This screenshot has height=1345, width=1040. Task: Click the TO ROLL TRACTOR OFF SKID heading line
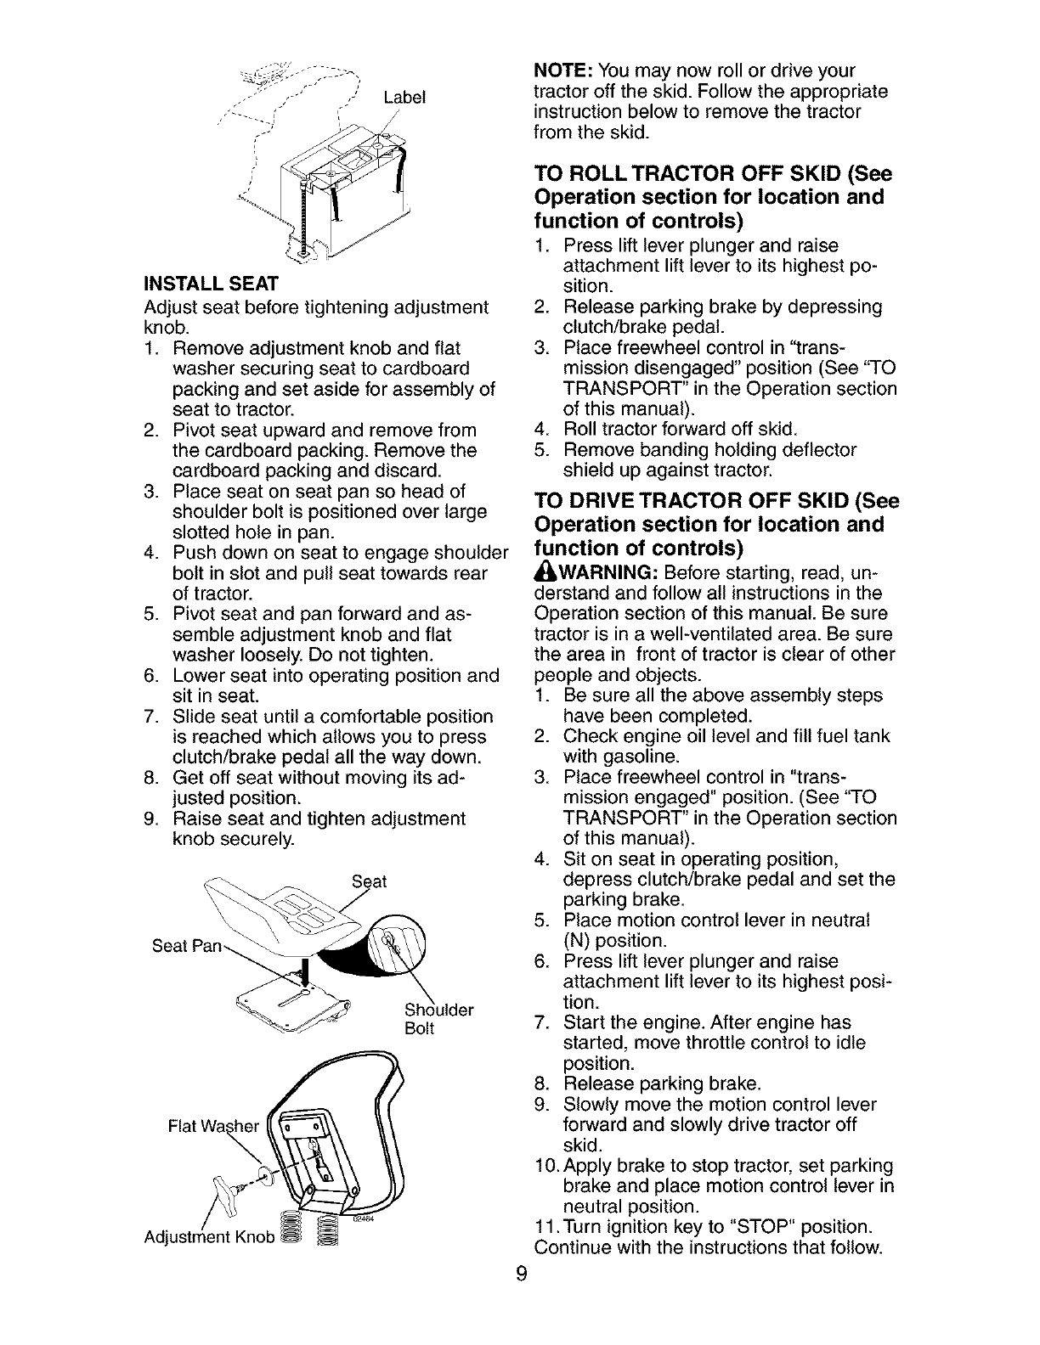[712, 174]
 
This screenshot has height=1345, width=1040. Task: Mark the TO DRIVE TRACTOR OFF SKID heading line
[715, 501]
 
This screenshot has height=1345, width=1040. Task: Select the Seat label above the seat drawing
[369, 881]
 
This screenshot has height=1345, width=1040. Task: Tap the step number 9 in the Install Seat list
[150, 819]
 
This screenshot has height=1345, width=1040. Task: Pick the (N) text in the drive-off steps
[577, 941]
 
